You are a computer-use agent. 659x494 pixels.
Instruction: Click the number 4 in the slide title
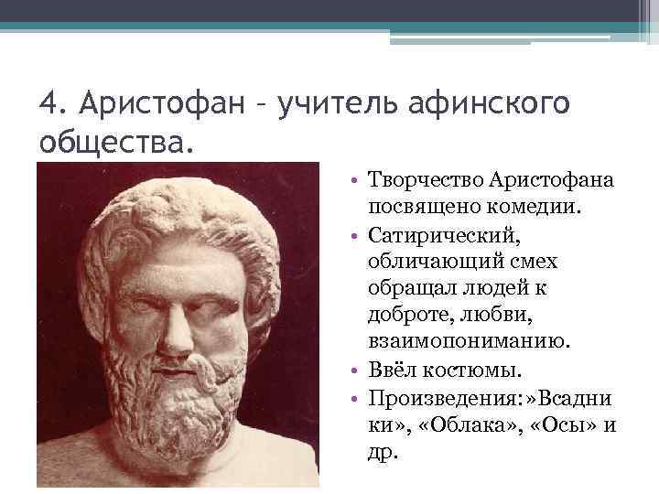49,104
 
